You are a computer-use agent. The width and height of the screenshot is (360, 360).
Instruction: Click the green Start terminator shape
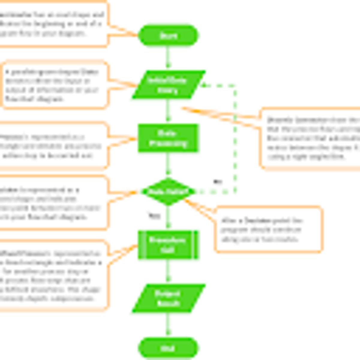coord(168,36)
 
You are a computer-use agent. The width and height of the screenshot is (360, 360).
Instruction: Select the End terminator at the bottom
coord(168,348)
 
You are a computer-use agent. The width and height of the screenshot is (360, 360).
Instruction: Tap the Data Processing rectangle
coord(168,138)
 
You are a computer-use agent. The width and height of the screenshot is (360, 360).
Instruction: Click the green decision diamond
coord(168,191)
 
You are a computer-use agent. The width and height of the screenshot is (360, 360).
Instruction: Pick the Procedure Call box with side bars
coord(168,245)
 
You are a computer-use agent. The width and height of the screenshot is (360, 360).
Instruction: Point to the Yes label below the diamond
coord(154,215)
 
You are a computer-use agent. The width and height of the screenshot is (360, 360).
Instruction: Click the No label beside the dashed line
coord(218,181)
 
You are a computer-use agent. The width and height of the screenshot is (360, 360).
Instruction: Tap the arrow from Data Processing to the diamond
coord(168,164)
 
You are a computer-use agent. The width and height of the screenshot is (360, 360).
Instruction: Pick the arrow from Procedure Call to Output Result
coord(168,271)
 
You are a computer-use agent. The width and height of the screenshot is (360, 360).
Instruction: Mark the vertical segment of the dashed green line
coord(235,138)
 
